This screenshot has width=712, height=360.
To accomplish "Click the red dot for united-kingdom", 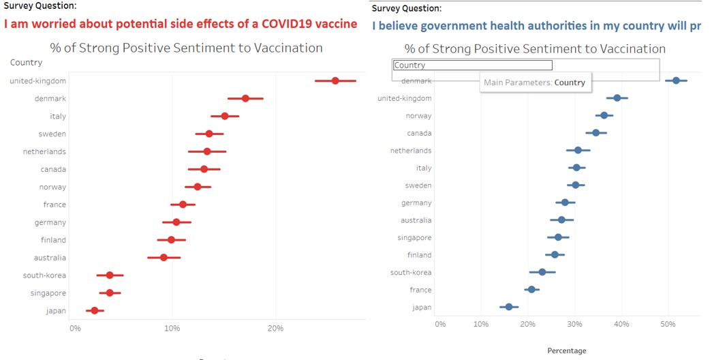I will [335, 80].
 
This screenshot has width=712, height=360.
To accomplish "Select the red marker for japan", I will [95, 311].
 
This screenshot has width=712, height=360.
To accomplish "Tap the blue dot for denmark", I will [676, 80].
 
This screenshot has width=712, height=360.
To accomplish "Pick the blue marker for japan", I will [509, 307].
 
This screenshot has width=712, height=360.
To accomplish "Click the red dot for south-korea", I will [110, 275].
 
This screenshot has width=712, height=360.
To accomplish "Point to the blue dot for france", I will [531, 290].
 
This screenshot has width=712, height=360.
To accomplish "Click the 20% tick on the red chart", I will [275, 329].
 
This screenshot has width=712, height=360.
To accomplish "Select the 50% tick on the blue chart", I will [667, 324].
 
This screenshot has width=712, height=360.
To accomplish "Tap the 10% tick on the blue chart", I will [480, 324].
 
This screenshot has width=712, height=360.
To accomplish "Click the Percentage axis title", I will [566, 350].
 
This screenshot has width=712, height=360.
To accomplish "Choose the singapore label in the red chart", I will [48, 293].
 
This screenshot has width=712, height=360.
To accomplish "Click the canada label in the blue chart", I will [417, 133].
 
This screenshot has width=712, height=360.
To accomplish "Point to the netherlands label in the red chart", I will [44, 151].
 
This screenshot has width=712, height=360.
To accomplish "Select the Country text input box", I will [473, 65].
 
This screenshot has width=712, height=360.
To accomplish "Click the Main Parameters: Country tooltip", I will [534, 82].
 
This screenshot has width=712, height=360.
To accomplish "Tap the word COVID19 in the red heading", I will [274, 24].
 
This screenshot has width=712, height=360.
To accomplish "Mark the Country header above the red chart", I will [26, 63].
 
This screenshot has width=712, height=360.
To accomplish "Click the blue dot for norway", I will [604, 115].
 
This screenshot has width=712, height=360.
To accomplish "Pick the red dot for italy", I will [225, 116].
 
